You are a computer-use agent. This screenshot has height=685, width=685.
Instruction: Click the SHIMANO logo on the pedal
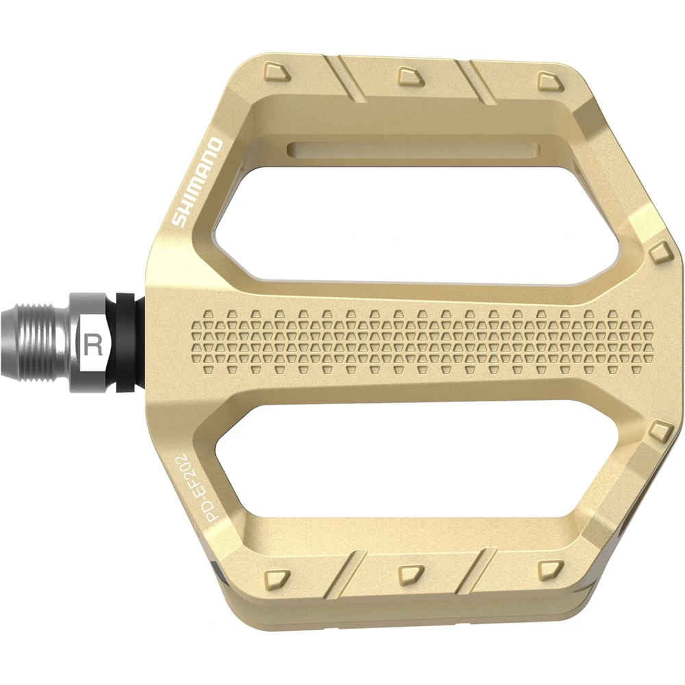pyautogui.click(x=197, y=183)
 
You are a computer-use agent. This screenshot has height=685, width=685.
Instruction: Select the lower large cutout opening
pyautogui.click(x=411, y=466)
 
